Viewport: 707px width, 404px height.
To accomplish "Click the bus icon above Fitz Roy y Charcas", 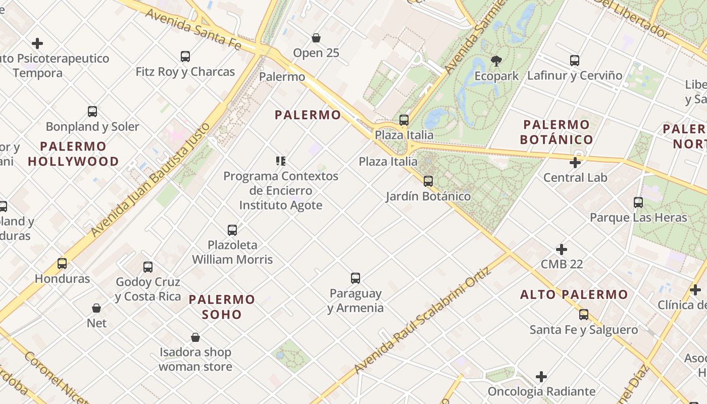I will pos(185,57).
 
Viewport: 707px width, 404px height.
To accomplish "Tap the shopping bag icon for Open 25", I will pos(316,38).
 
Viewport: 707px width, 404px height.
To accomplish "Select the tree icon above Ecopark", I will pos(496,61).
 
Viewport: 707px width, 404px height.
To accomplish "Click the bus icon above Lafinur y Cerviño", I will pos(575,61).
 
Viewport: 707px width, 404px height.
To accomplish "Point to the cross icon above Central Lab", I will pos(575,163).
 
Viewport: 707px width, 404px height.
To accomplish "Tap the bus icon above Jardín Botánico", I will pos(428,181).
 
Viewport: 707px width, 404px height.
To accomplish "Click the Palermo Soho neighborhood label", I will pos(222,307).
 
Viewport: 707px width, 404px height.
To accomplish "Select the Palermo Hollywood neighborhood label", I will pos(73,154).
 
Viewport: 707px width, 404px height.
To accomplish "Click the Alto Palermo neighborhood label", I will pos(574,294).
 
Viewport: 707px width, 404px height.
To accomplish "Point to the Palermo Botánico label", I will pos(557,132).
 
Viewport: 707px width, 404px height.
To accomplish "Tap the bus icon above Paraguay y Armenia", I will pos(356,278).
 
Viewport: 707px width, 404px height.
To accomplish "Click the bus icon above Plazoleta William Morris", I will pos(232,230).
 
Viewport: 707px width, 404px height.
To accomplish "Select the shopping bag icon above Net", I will pos(96,308).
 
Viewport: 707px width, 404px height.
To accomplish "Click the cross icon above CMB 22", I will pos(562,249).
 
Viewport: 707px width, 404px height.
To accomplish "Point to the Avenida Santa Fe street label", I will pos(193,29).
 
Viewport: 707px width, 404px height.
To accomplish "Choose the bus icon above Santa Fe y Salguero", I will pos(584,315).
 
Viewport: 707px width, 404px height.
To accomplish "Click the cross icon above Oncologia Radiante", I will pos(541,377).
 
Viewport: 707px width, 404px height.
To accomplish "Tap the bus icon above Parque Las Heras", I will pos(638,203).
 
